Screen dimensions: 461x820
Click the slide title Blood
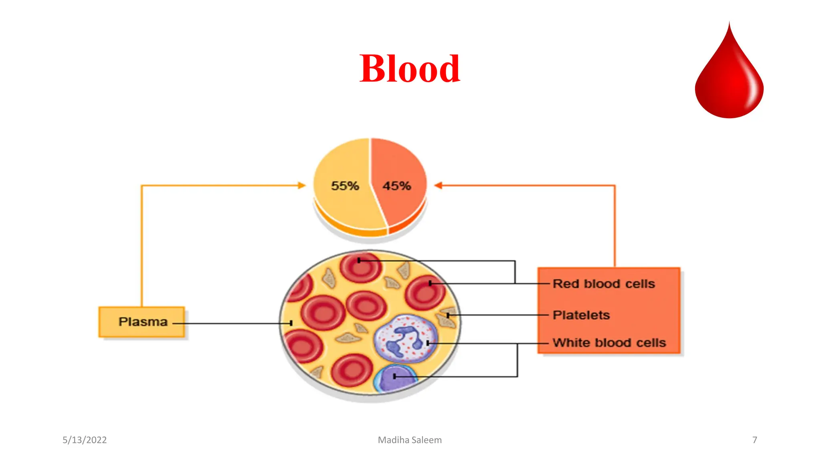[x=410, y=69]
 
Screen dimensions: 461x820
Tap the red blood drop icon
[x=729, y=76]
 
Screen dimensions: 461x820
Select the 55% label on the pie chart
[x=345, y=186]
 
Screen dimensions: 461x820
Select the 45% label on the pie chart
[x=397, y=186]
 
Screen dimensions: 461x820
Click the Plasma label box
[x=142, y=322]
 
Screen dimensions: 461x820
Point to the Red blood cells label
[x=603, y=284]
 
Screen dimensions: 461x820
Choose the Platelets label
[x=581, y=315]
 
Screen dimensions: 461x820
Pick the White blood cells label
[x=609, y=343]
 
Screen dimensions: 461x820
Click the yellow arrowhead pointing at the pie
[x=301, y=185]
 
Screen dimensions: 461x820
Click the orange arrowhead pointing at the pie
[x=438, y=185]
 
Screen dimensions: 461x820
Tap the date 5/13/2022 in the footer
[x=84, y=440]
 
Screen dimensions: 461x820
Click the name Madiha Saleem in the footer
[x=410, y=440]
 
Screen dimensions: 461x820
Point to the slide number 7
[x=754, y=440]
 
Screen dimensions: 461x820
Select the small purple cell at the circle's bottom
[x=394, y=379]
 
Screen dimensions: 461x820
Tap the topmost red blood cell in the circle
[x=360, y=267]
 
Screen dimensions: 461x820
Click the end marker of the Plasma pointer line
[x=291, y=323]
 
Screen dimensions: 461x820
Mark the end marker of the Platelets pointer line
[x=448, y=315]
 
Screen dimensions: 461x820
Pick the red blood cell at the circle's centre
[x=366, y=306]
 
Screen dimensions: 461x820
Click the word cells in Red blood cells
[x=640, y=284]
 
